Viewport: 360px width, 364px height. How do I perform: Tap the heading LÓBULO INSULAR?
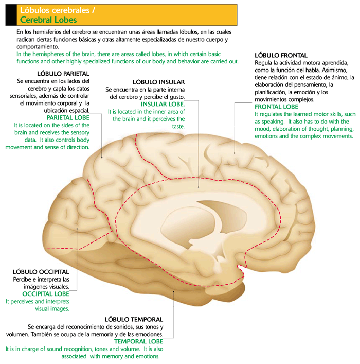point(158,81)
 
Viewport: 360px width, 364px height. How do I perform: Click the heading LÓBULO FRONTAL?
point(281,55)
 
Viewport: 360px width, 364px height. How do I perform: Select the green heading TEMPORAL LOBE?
point(138,341)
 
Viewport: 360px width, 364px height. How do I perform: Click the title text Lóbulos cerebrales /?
point(57,10)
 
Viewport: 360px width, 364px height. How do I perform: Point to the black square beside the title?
point(9,14)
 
